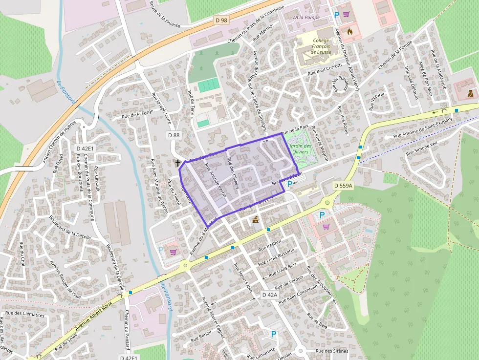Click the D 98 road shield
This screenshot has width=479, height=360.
(x=221, y=20)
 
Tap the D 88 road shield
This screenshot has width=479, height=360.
(x=174, y=135)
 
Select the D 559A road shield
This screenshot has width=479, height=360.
(x=343, y=186)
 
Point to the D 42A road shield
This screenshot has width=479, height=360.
(x=269, y=295)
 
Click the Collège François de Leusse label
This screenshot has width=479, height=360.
(x=321, y=46)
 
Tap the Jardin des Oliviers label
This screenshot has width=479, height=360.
(x=300, y=149)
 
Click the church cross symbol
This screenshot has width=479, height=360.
(x=178, y=162)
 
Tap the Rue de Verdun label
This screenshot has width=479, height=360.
(x=289, y=282)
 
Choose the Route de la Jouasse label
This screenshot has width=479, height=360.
(x=165, y=14)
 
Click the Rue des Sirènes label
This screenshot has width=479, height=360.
(x=331, y=351)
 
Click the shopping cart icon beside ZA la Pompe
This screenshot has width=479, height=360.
(x=346, y=15)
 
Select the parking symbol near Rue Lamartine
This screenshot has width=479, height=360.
(x=274, y=334)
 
